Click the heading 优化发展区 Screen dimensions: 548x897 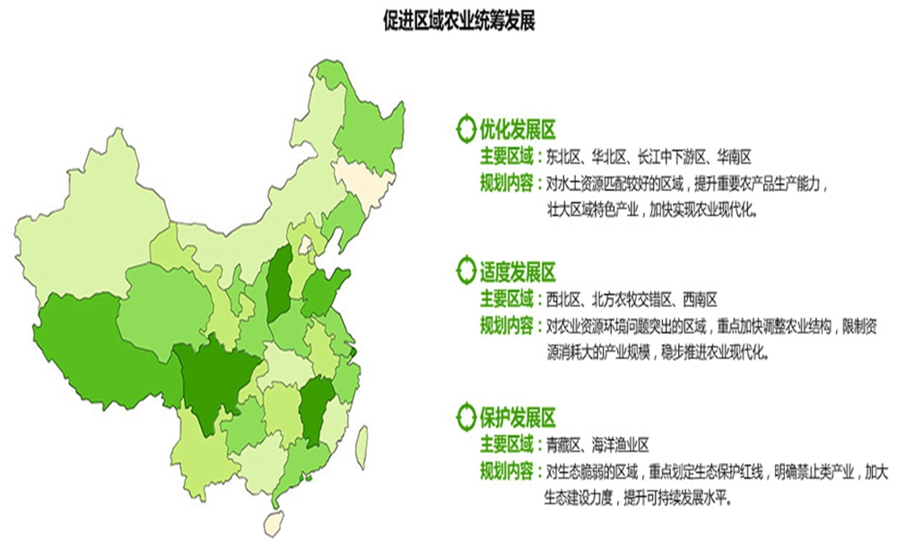(519, 127)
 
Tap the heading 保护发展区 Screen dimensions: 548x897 (519, 417)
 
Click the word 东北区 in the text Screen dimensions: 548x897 (565, 157)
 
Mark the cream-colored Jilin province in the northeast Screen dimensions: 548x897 (363, 183)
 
